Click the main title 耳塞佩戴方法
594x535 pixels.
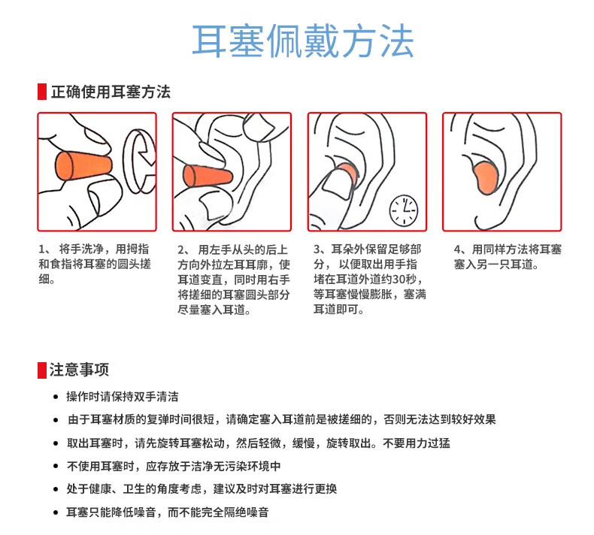click(303, 41)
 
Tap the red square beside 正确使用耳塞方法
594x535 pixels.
click(42, 92)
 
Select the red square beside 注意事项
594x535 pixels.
click(42, 370)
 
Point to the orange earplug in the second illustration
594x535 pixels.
click(208, 176)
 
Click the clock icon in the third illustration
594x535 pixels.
click(404, 210)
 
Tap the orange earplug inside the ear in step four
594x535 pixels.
click(486, 177)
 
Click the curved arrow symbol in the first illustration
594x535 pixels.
click(138, 162)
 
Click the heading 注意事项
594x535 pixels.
click(79, 370)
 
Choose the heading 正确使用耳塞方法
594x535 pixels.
click(111, 92)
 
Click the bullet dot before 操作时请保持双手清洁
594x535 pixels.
click(56, 397)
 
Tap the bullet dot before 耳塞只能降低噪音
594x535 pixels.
click(56, 513)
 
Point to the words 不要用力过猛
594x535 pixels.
click(417, 443)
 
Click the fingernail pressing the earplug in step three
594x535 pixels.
click(336, 185)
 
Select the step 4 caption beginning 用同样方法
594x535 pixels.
click(508, 257)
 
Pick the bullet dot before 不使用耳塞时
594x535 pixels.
click(56, 467)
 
